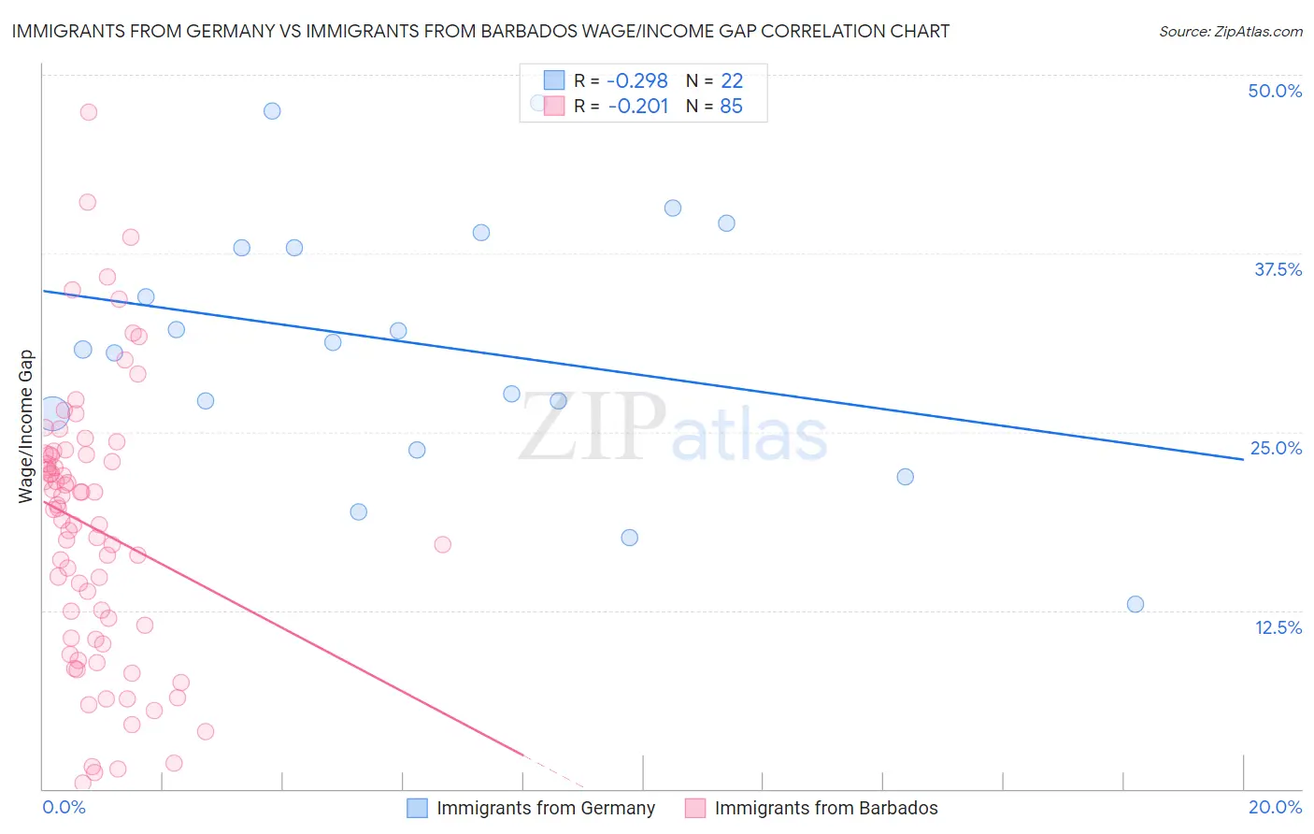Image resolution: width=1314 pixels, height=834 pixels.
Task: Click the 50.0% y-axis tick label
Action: click(x=1274, y=91)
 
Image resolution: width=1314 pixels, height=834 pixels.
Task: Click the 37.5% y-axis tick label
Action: click(x=1277, y=269)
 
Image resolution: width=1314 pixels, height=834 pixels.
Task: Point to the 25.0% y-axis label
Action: click(x=1275, y=448)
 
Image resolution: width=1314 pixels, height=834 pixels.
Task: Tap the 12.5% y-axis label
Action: click(x=1278, y=627)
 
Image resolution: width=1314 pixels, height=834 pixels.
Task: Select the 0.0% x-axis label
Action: click(x=64, y=807)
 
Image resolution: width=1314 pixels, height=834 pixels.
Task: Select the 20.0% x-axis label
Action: click(x=1275, y=807)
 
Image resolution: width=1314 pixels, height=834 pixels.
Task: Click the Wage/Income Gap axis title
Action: click(x=26, y=426)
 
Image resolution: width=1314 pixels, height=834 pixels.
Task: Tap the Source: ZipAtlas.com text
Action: click(x=1230, y=31)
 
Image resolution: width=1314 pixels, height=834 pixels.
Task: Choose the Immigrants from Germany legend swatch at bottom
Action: click(x=417, y=808)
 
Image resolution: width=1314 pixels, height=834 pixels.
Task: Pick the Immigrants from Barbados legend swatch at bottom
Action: click(x=694, y=808)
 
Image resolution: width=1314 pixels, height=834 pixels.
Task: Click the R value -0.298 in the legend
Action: click(x=637, y=80)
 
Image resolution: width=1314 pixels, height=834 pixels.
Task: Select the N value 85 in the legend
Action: click(x=731, y=107)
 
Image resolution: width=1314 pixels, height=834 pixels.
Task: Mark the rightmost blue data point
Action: click(x=1135, y=604)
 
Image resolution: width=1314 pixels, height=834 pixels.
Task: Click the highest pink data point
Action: click(x=89, y=112)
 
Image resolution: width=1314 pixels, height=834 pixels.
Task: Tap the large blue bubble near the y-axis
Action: click(x=53, y=411)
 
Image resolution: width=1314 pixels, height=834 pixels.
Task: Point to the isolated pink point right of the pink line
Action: click(x=442, y=544)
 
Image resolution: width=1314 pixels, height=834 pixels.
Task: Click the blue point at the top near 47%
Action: click(x=272, y=110)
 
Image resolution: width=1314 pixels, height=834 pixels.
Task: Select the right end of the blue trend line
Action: click(x=1242, y=459)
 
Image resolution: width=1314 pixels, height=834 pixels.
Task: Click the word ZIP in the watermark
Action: click(x=592, y=427)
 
